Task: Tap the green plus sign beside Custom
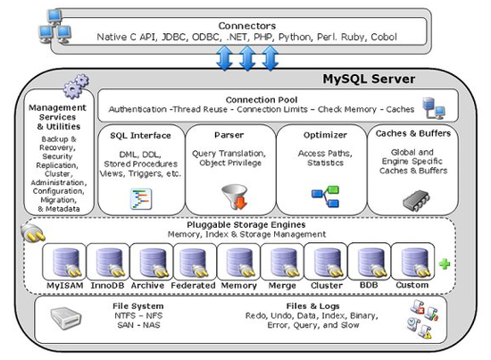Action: click(x=444, y=264)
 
